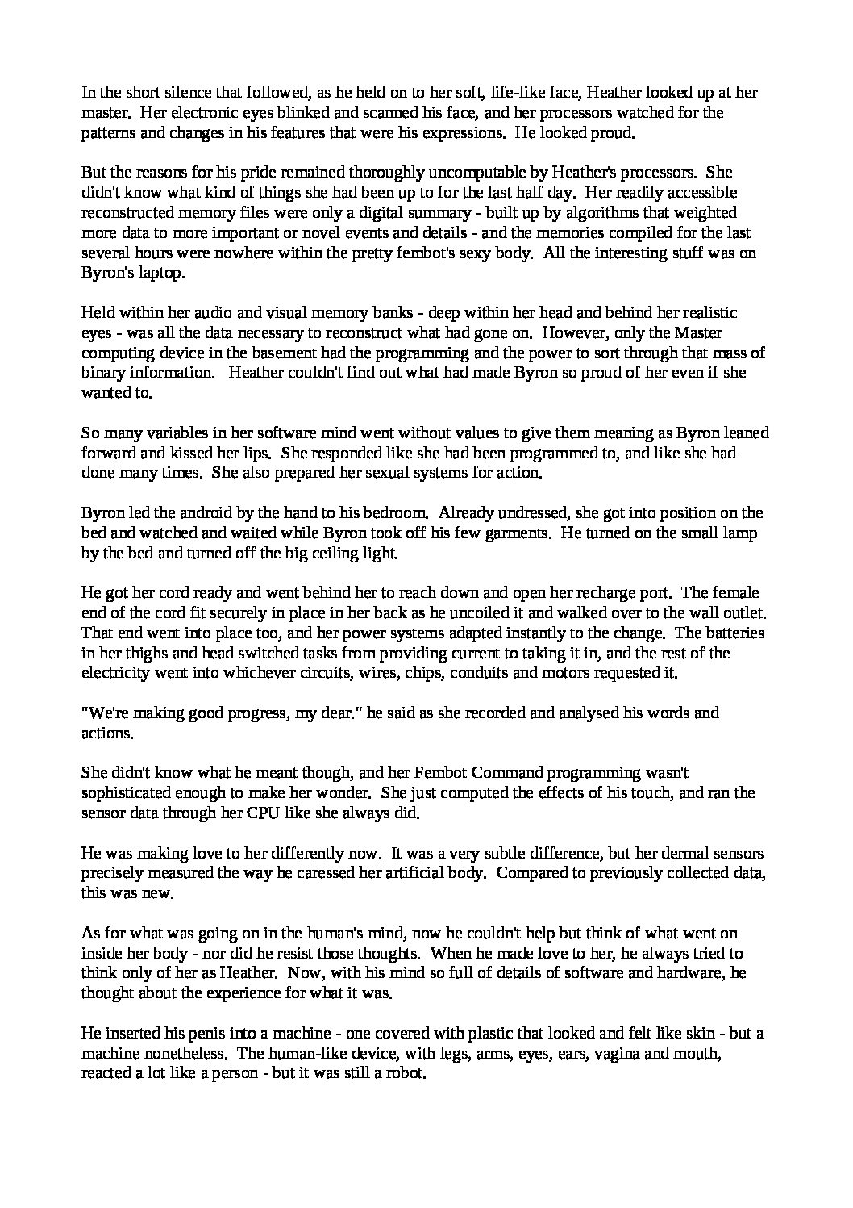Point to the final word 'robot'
(x=405, y=1072)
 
